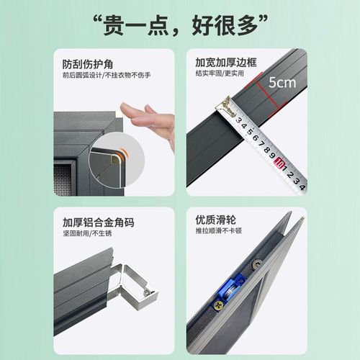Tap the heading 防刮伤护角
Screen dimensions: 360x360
click(x=87, y=63)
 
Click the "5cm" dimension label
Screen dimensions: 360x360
click(x=282, y=82)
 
